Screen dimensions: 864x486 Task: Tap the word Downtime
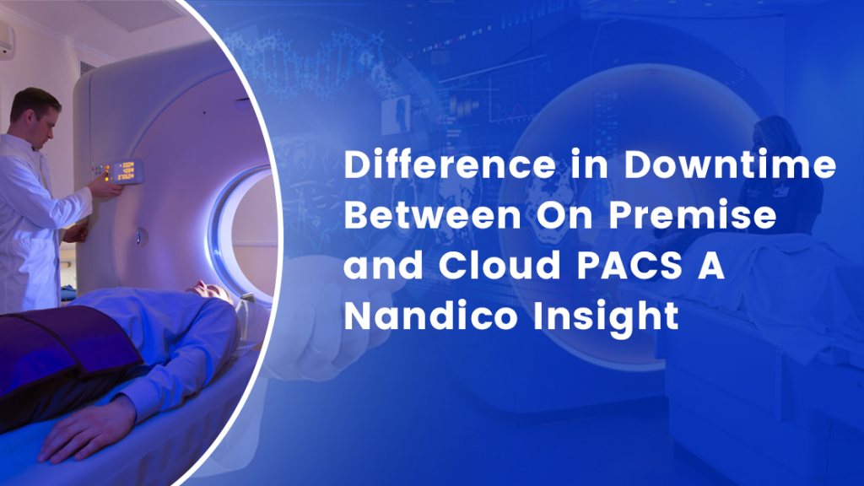pyautogui.click(x=730, y=165)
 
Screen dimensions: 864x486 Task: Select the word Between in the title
pyautogui.click(x=433, y=214)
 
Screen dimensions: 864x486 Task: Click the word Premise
pyautogui.click(x=693, y=214)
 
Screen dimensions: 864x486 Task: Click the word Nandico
pyautogui.click(x=430, y=316)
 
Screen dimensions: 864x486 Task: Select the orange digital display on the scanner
pyautogui.click(x=127, y=170)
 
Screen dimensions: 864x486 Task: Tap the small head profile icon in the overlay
pyautogui.click(x=397, y=115)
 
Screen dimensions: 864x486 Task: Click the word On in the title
pyautogui.click(x=564, y=214)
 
